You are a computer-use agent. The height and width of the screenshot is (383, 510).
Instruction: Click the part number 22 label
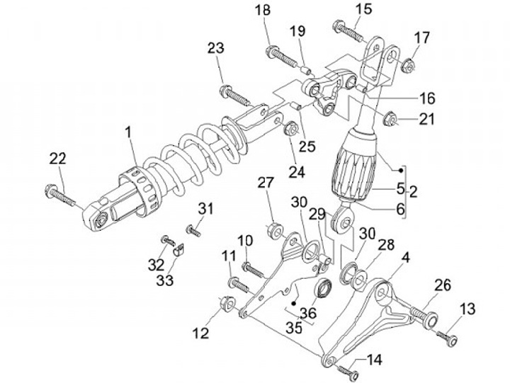[58, 159]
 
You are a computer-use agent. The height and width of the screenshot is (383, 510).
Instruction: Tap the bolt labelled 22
[60, 195]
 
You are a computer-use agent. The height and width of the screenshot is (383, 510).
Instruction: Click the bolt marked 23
[235, 96]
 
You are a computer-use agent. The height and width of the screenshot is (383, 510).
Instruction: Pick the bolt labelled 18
[282, 57]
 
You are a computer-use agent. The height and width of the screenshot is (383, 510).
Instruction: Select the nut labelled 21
[390, 120]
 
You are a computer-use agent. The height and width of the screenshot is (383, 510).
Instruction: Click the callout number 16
[426, 98]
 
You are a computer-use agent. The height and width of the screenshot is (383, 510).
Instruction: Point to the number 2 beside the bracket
[413, 192]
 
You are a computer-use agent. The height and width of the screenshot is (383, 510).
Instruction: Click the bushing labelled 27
[276, 230]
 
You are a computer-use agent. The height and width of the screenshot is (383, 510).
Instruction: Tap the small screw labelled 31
[193, 231]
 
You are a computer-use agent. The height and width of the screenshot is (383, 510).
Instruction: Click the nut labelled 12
[227, 303]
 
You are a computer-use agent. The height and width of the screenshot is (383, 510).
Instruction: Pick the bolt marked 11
[240, 285]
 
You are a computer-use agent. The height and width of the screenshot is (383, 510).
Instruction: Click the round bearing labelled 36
[324, 288]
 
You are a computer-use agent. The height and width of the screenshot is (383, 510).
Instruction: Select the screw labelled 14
[348, 372]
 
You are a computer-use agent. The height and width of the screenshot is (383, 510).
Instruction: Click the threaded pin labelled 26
[424, 315]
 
